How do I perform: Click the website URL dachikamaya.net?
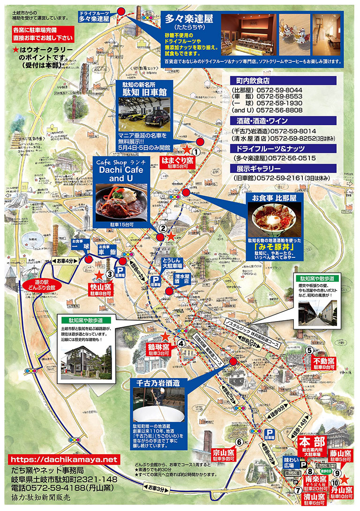[63, 459]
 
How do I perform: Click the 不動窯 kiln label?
[324, 361]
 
